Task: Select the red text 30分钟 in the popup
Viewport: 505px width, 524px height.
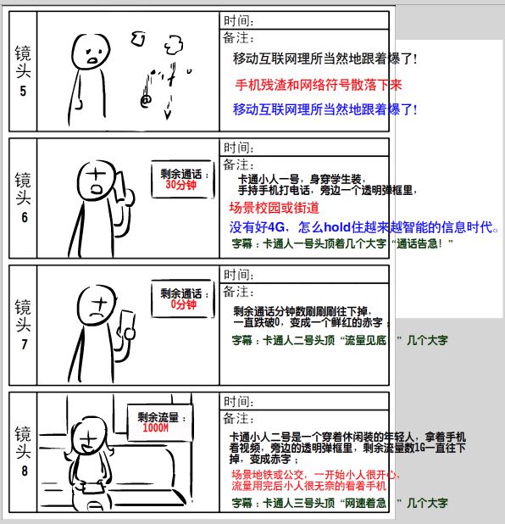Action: click(180, 185)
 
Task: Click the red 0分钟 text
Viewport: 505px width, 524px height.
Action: click(183, 304)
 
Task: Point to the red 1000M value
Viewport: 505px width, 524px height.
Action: click(156, 427)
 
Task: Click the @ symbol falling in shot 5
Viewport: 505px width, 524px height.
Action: click(146, 100)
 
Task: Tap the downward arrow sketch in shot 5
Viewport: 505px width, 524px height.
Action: click(168, 109)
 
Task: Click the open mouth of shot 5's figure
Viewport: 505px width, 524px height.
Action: click(92, 60)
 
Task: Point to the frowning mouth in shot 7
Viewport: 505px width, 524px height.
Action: click(97, 315)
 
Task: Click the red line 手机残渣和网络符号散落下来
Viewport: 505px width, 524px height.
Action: click(319, 85)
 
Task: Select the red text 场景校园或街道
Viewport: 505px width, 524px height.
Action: click(275, 208)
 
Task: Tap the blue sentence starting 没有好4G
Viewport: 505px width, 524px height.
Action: click(364, 227)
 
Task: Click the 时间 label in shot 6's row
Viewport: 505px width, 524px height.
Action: click(238, 148)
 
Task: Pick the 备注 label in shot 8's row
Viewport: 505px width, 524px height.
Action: click(238, 418)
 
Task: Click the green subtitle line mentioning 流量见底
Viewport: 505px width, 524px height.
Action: click(340, 340)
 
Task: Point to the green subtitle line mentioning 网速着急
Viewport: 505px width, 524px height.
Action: click(340, 503)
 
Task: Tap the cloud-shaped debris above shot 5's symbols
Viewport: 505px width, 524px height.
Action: click(174, 45)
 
